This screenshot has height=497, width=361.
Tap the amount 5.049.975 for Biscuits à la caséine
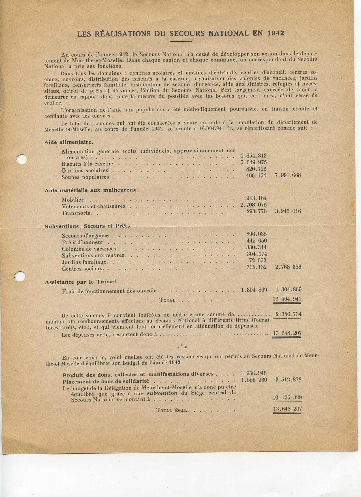[253, 162]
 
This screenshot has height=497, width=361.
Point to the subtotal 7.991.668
[288, 175]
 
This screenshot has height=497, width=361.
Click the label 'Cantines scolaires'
[85, 171]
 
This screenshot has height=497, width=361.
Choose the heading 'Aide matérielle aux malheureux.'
[91, 190]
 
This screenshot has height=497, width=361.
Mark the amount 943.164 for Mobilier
[257, 198]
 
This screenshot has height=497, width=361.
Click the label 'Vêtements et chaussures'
[93, 206]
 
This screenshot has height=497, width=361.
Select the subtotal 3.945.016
[288, 211]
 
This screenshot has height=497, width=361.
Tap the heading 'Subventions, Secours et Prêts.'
[88, 226]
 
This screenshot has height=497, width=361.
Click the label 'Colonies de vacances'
[89, 249]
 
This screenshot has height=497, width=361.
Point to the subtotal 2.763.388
[288, 267]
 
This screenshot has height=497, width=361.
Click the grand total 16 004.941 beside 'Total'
[287, 299]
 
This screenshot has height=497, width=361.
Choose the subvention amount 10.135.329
[287, 398]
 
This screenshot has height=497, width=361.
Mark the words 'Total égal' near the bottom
[171, 410]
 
